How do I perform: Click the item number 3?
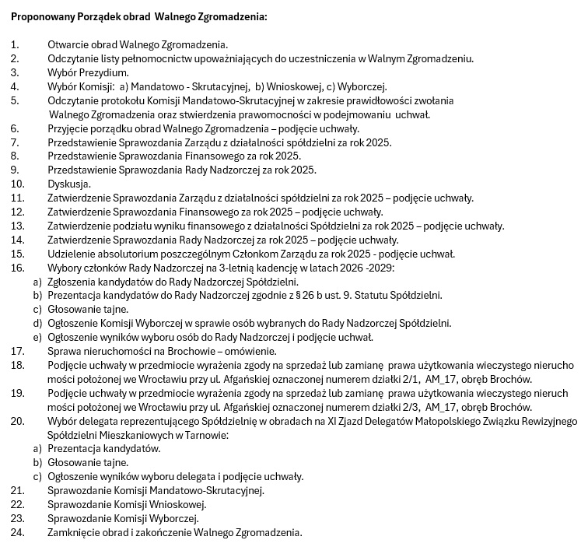tap(14, 72)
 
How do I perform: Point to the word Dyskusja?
tap(69, 184)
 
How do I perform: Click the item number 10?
tap(17, 184)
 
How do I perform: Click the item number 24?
tap(17, 533)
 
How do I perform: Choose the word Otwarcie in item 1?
tap(69, 44)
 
